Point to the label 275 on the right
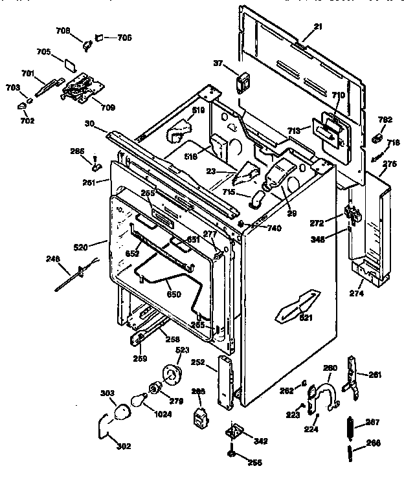click(x=388, y=164)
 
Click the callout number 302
click(x=123, y=447)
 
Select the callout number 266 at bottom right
click(x=373, y=443)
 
